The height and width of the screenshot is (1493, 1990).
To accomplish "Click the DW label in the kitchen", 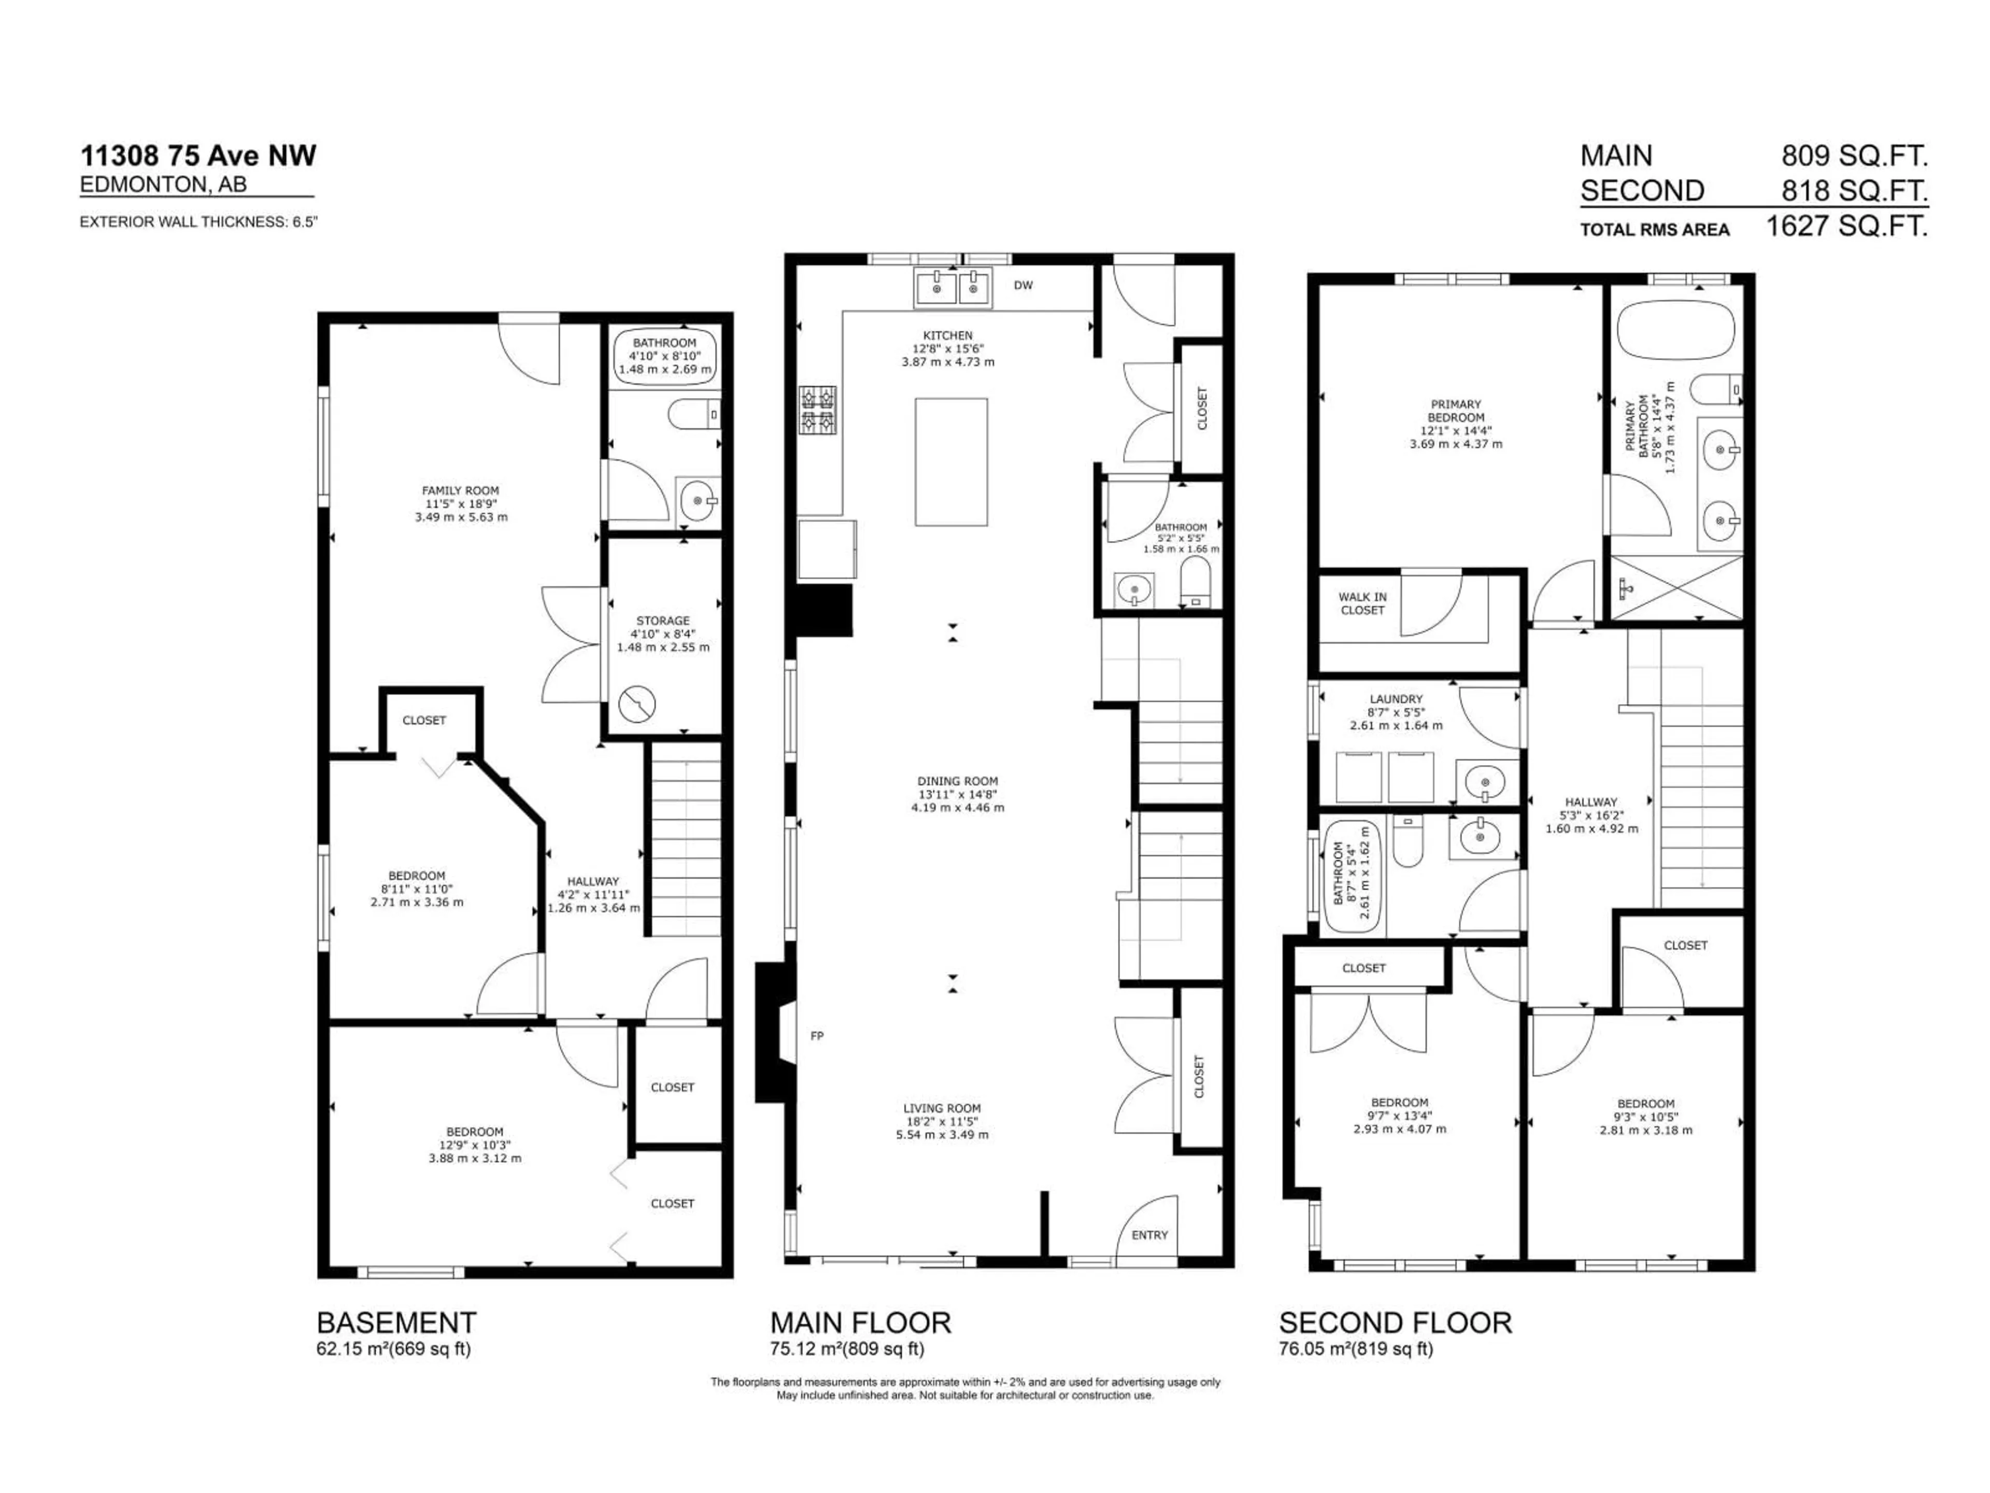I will click(x=1023, y=285).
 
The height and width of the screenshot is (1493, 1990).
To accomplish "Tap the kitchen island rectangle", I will click(x=951, y=462).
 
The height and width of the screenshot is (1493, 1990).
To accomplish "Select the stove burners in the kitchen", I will click(x=818, y=410).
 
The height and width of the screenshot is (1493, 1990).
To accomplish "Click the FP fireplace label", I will click(x=817, y=1036).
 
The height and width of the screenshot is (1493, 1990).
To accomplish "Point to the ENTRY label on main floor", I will click(x=1149, y=1235).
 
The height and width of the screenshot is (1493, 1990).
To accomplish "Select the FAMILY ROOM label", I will click(x=461, y=490).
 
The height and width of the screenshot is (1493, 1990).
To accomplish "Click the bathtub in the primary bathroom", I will click(x=1674, y=330).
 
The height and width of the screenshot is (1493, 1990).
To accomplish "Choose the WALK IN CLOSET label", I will click(x=1362, y=603).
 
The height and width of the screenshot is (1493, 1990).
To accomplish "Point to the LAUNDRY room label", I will click(x=1396, y=698).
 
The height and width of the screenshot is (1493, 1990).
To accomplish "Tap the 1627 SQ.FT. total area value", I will click(x=1846, y=226).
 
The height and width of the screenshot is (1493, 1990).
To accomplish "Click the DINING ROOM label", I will click(x=957, y=781).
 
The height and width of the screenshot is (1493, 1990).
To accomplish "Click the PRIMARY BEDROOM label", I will click(x=1455, y=411).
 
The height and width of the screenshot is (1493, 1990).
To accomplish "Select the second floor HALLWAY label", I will click(x=1590, y=802).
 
